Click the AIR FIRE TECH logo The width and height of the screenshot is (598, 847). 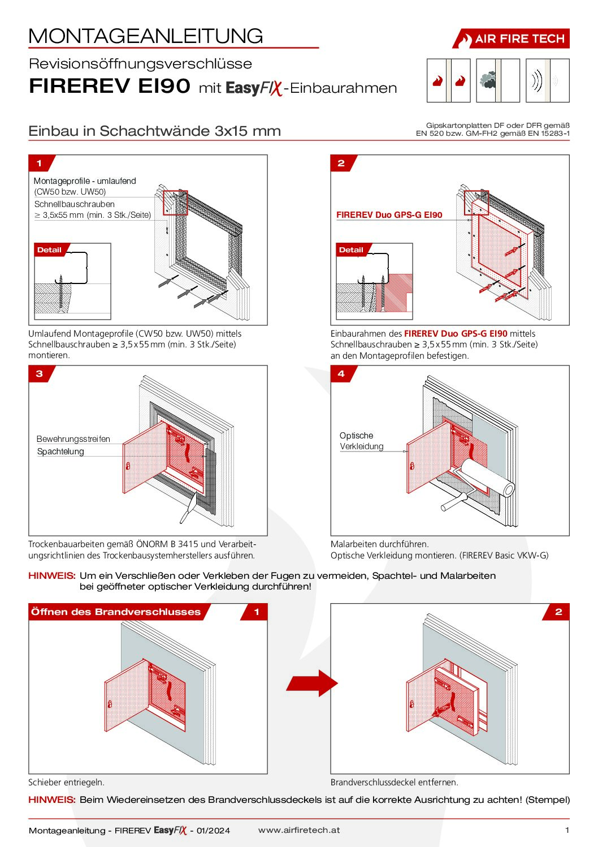click(x=511, y=38)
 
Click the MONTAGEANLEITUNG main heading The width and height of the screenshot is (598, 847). click(x=146, y=36)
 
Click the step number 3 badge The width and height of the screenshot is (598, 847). click(x=39, y=373)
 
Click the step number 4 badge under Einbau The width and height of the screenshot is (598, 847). click(x=341, y=373)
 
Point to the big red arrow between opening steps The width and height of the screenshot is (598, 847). click(x=311, y=683)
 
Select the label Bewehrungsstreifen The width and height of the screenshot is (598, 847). click(x=73, y=439)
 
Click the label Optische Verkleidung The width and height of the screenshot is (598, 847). click(x=361, y=441)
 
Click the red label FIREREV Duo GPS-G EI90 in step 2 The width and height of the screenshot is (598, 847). click(x=389, y=215)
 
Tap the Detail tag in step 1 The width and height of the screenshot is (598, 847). click(x=49, y=250)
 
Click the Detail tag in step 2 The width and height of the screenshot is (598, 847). click(x=351, y=250)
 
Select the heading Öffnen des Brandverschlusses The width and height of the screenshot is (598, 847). click(x=116, y=612)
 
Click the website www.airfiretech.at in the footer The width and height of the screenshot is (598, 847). click(x=299, y=830)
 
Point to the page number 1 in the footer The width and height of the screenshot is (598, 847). click(x=567, y=830)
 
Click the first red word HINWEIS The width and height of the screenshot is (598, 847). click(x=51, y=575)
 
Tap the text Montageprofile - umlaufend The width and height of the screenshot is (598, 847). click(x=85, y=181)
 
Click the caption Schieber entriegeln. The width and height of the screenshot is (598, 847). click(x=66, y=782)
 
